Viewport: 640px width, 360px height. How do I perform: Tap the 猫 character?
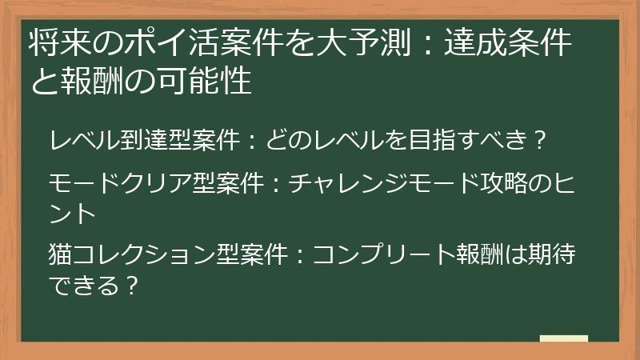click(x=60, y=254)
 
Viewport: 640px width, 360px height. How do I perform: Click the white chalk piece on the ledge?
click(x=564, y=338)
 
